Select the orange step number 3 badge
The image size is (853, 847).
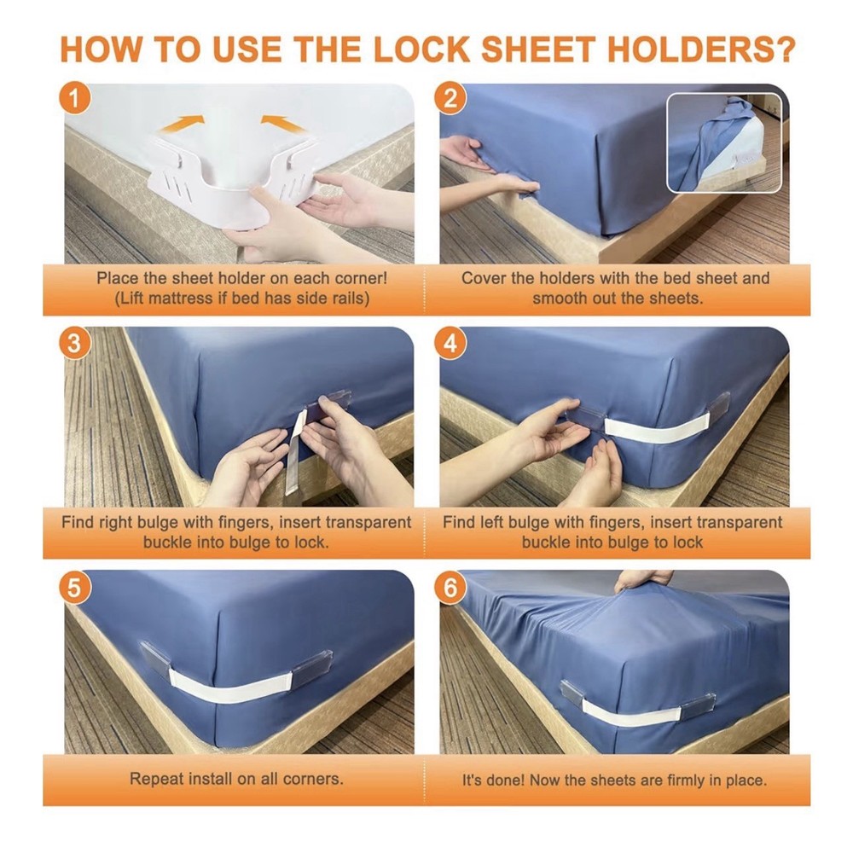(76, 343)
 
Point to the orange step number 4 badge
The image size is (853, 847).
(451, 343)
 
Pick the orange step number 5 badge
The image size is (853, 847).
(76, 588)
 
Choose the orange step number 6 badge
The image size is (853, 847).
(451, 588)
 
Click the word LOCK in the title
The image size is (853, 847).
(417, 49)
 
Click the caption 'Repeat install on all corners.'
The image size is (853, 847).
(236, 779)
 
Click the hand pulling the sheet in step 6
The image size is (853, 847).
(642, 579)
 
